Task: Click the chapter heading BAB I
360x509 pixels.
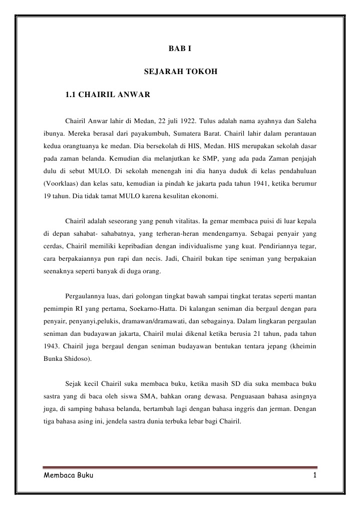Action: pos(180,50)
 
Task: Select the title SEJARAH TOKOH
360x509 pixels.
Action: pos(180,72)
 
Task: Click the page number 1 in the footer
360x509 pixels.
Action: pos(314,475)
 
